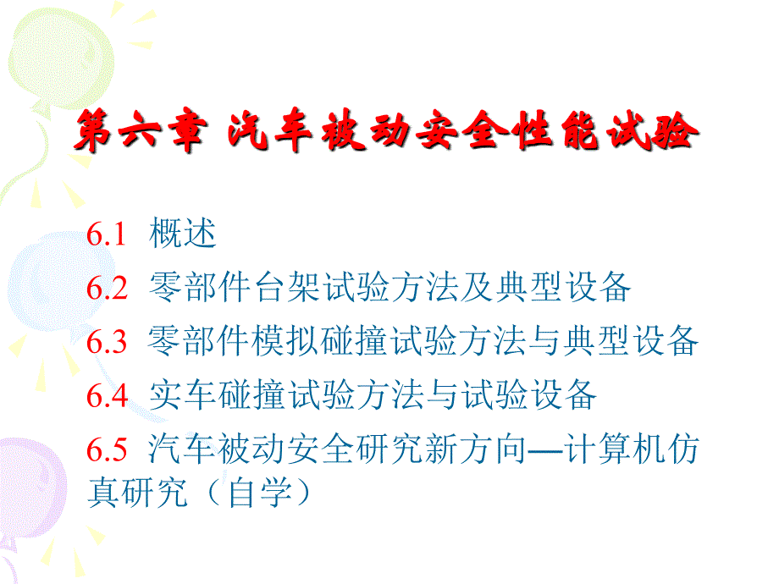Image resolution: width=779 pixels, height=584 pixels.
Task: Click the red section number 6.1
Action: [x=107, y=234]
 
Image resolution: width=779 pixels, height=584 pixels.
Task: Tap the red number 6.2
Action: [x=107, y=288]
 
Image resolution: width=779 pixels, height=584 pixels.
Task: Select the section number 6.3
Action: [x=107, y=342]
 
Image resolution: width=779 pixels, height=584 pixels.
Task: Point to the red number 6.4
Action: [x=108, y=396]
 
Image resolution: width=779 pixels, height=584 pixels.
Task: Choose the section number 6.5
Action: [x=107, y=449]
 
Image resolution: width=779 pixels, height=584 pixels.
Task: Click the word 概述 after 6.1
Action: [x=182, y=233]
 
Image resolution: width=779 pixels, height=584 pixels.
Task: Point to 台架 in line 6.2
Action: [x=287, y=287]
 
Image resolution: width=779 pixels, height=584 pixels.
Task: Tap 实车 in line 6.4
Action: [x=183, y=394]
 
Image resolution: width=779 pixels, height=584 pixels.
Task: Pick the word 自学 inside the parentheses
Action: [x=259, y=493]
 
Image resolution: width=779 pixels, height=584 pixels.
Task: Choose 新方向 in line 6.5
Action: [x=476, y=449]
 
